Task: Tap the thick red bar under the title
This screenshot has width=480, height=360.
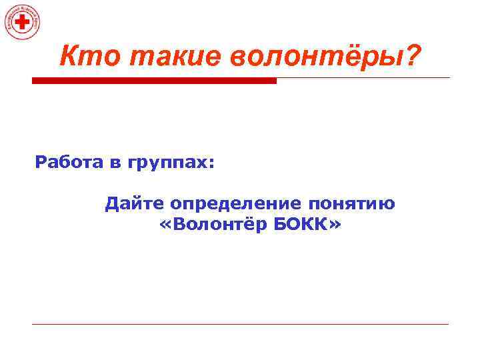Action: coord(154,81)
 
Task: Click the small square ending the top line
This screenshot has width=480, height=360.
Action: coord(448,79)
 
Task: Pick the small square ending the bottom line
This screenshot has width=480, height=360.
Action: coord(448,325)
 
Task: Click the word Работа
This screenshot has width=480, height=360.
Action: coord(66,163)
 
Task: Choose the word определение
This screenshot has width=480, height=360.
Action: coord(238,203)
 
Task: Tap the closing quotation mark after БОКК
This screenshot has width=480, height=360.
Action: coord(333,227)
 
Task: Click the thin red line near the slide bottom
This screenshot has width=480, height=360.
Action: coord(240,325)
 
